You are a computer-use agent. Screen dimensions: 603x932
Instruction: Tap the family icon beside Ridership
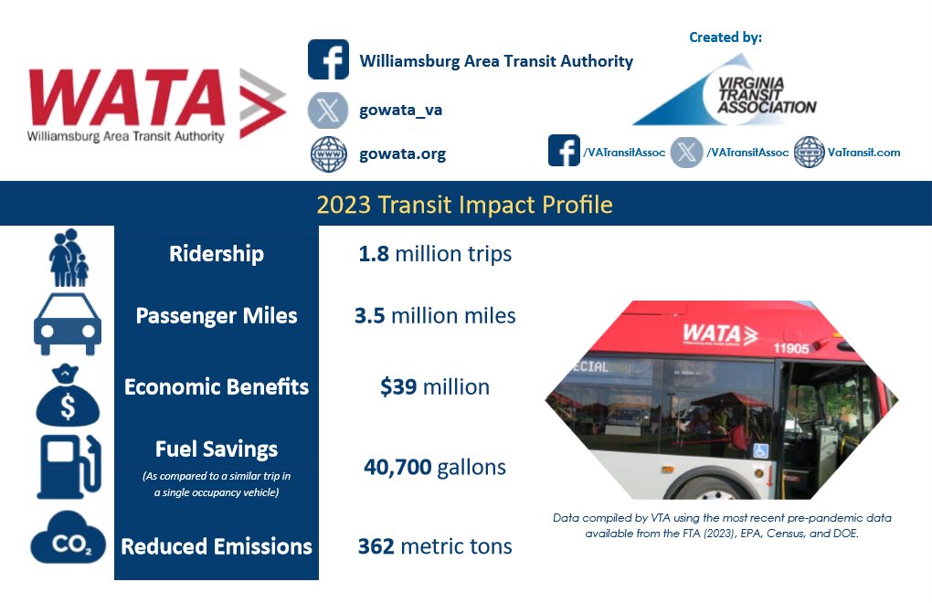[x=69, y=258]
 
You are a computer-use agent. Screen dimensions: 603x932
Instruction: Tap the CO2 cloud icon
[x=69, y=541]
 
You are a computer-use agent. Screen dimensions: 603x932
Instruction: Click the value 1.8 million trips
[x=434, y=253]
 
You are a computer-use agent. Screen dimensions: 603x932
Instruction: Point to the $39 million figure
[x=434, y=386]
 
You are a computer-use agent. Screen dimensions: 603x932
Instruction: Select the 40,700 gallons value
[x=434, y=467]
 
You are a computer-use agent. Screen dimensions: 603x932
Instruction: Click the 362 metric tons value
[x=434, y=546]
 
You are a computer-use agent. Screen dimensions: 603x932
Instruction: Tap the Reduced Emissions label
[x=217, y=546]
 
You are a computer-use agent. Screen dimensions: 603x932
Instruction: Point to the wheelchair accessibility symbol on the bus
[x=759, y=450]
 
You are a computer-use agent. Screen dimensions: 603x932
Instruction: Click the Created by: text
[x=725, y=37]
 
